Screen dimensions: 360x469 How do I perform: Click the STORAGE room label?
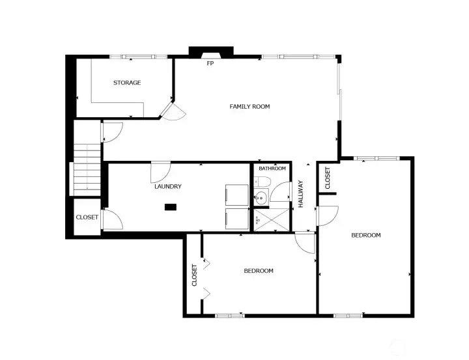click(127, 83)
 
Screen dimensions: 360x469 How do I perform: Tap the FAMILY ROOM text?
click(249, 106)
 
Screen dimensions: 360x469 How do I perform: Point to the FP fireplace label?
click(210, 64)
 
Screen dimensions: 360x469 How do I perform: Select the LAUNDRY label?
click(167, 186)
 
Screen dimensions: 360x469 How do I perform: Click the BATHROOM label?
click(272, 169)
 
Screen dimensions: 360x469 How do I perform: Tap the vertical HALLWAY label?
click(302, 193)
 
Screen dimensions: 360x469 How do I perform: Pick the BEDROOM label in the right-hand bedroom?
click(365, 235)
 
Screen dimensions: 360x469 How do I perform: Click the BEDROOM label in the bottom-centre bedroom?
click(259, 271)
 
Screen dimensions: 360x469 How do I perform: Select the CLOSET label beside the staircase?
click(87, 217)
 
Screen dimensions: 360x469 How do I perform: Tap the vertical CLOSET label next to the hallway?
click(328, 178)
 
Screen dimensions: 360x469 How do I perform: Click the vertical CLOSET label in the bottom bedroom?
click(195, 275)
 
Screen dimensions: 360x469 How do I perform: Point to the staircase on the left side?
click(85, 169)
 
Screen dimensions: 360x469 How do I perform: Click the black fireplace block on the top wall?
click(210, 51)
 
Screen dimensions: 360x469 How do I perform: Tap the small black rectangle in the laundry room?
click(171, 207)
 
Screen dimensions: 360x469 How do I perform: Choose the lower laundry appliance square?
click(236, 219)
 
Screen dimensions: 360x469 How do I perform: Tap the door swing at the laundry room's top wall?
click(160, 172)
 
